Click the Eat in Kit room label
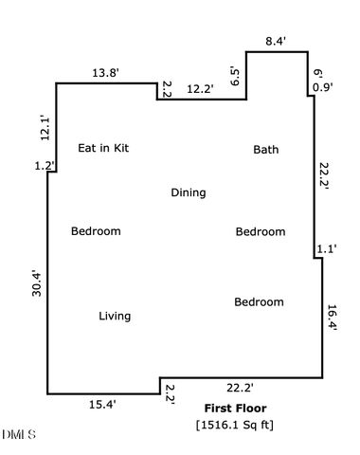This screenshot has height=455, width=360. [x=102, y=148]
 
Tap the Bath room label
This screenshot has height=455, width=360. [x=265, y=150]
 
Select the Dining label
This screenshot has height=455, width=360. [x=188, y=193]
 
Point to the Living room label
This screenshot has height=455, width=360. [x=115, y=317]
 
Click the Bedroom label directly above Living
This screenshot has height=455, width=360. [x=96, y=231]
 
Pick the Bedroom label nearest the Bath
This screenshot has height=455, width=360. [x=260, y=232]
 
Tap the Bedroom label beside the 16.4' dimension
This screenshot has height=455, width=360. [x=259, y=302]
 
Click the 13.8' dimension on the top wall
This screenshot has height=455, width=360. [x=105, y=72]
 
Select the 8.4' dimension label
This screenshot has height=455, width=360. [x=276, y=41]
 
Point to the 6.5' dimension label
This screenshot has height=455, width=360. [x=235, y=77]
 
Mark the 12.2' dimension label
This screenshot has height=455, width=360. [x=199, y=89]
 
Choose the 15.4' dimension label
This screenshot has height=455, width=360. [x=102, y=405]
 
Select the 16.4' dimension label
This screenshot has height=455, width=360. [x=333, y=317]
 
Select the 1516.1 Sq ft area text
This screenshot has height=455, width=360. [x=234, y=425]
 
